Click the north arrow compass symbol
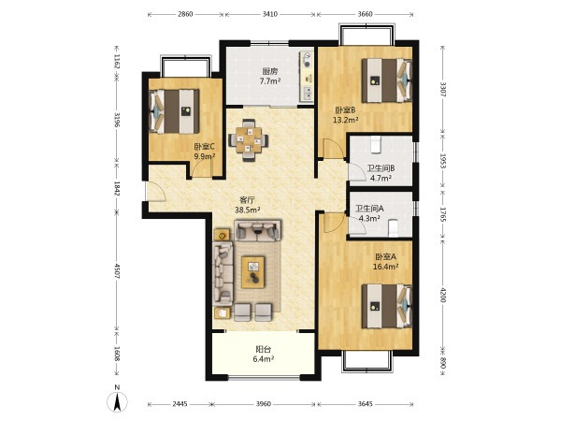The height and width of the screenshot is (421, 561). (x=117, y=401)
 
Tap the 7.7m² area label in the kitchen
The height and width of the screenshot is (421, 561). (x=270, y=81)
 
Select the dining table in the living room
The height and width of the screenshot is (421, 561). (x=249, y=140)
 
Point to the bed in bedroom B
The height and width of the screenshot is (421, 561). (x=387, y=80)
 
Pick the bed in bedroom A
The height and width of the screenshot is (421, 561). (x=387, y=306)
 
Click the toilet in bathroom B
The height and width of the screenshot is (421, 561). (x=375, y=144)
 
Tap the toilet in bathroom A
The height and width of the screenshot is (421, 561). (x=394, y=227)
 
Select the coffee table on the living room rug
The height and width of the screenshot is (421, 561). (x=253, y=272)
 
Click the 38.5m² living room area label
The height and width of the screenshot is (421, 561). (x=247, y=210)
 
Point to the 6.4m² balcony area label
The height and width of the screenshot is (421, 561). (x=264, y=358)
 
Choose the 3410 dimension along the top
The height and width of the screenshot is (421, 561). (x=270, y=14)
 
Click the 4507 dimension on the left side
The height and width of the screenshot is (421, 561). (x=117, y=271)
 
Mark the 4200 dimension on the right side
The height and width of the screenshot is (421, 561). (x=443, y=295)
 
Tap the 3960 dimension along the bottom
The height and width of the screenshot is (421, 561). (x=264, y=404)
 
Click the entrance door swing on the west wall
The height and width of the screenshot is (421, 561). (x=155, y=192)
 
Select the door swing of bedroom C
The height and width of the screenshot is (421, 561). (x=202, y=168)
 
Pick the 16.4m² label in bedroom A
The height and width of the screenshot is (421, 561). (x=385, y=267)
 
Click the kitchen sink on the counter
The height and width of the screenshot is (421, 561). (x=308, y=93)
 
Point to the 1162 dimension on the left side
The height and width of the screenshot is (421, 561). (x=117, y=61)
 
